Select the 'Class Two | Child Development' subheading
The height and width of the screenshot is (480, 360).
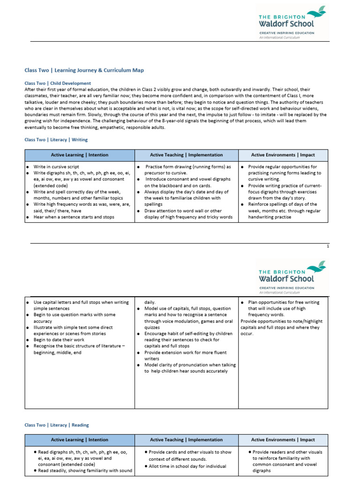[x=58, y=83]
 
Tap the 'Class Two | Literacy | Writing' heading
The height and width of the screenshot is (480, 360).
[x=56, y=140]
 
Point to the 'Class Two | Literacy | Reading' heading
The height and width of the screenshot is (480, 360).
[x=56, y=425]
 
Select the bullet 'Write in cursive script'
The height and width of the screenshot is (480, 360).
[x=56, y=167]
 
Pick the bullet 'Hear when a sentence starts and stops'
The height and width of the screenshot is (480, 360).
[x=74, y=217]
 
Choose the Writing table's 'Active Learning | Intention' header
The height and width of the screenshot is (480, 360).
[x=79, y=155]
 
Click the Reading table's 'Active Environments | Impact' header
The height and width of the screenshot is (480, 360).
[x=283, y=440]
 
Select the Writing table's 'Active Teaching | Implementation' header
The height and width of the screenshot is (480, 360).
[x=186, y=155]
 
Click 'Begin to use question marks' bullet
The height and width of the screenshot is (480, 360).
[x=74, y=315]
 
